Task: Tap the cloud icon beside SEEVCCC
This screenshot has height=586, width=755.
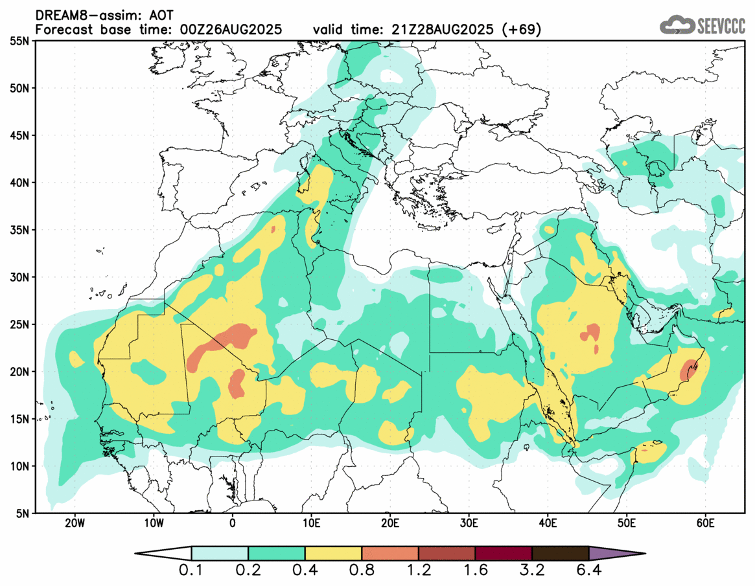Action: click(x=676, y=25)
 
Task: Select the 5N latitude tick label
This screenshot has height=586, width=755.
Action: click(x=22, y=513)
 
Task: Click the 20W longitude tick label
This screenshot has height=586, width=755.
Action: click(x=75, y=523)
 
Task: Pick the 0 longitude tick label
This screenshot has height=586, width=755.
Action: click(x=233, y=523)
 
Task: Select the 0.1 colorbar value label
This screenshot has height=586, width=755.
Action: click(x=192, y=572)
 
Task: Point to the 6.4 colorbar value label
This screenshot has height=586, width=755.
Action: click(x=588, y=572)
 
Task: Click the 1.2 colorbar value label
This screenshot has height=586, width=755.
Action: click(x=419, y=572)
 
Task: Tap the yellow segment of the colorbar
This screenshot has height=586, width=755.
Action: click(x=333, y=554)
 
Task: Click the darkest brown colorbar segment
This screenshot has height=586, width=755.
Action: click(x=560, y=554)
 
